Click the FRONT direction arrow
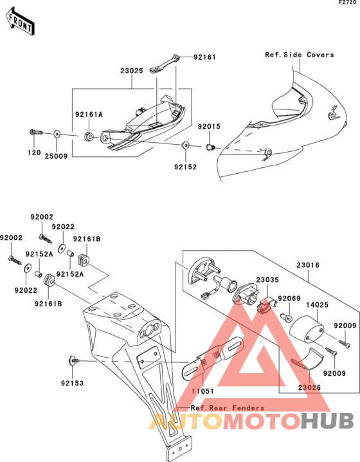20,23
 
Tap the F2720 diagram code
349,3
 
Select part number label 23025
132,71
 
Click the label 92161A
89,115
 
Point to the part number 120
34,152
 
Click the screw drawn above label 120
36,133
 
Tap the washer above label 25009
57,134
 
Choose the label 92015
209,126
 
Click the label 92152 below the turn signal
185,167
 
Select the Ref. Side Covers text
300,55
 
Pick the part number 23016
307,265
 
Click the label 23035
267,280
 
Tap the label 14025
317,304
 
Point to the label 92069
289,299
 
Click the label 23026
309,387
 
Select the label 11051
203,391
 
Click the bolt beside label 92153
73,360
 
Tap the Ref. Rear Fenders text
228,408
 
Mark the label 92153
73,383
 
